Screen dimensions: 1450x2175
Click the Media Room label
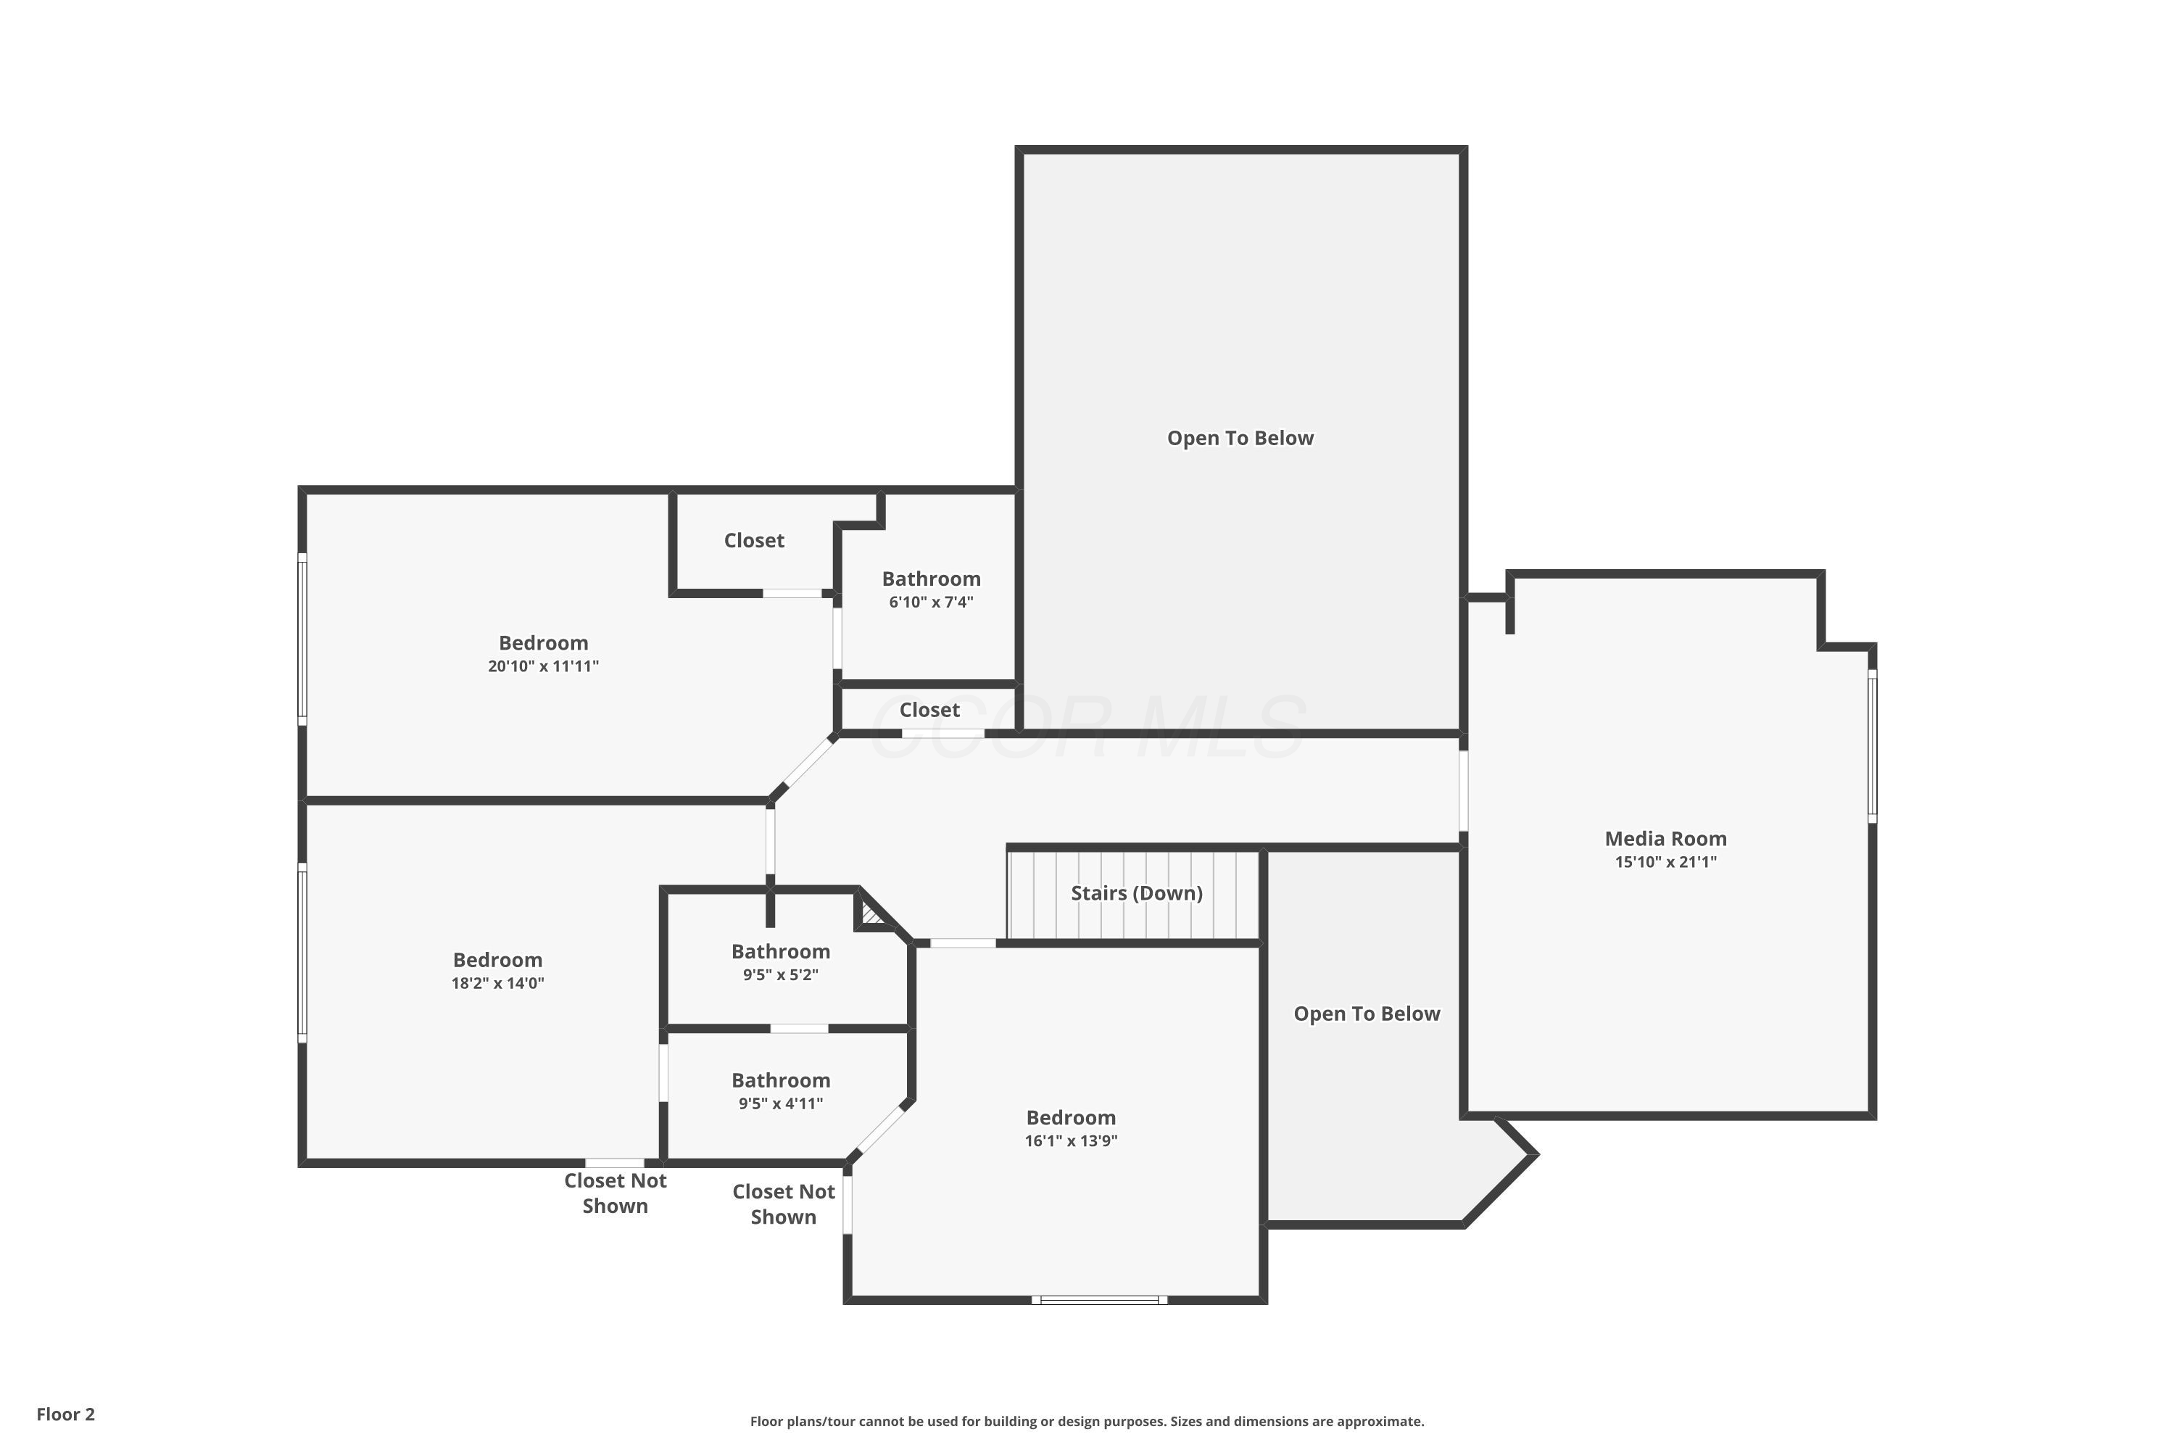coord(1665,839)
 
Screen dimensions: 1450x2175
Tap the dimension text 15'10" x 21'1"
coord(1665,862)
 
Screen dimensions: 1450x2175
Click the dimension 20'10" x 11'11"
coord(543,666)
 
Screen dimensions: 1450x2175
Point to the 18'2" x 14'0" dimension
coord(497,983)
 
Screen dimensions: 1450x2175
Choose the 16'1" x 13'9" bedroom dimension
coord(1070,1140)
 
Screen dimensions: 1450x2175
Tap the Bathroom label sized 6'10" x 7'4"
coord(930,579)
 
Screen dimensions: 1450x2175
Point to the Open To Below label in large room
coord(1239,439)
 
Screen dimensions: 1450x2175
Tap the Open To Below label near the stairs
coord(1366,1014)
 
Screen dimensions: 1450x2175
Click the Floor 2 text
coord(66,1414)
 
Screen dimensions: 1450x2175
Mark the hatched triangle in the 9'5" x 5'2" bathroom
coord(869,916)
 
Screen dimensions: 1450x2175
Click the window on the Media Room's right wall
coord(1872,745)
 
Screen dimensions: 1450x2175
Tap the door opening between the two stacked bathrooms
coord(799,1028)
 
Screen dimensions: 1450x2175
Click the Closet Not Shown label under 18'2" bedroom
coord(615,1193)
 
